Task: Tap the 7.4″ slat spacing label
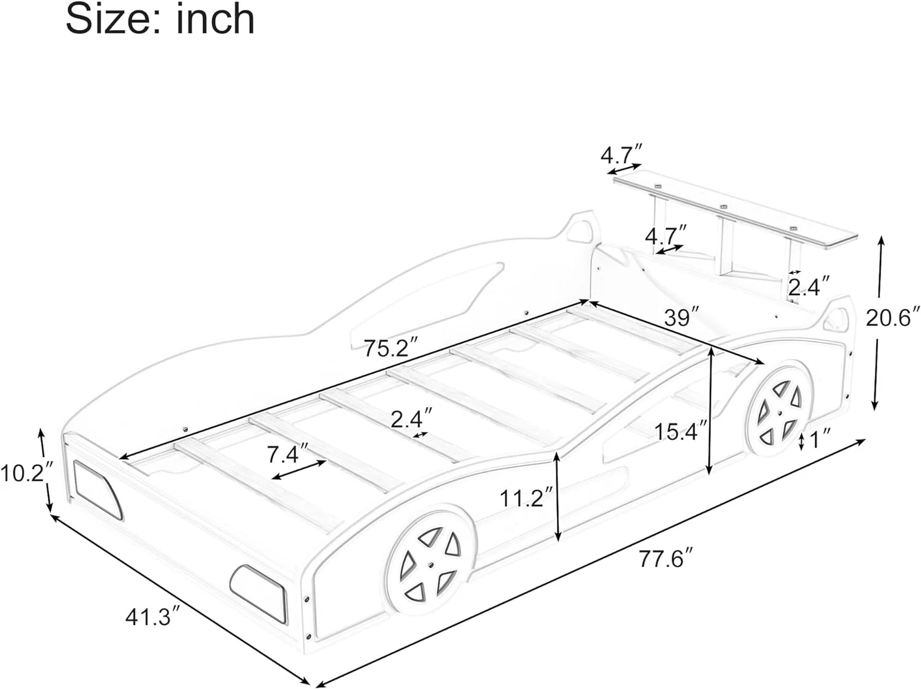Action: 287,455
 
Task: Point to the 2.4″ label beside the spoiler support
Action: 809,286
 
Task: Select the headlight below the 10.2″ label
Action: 97,488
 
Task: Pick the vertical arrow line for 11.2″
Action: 558,497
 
